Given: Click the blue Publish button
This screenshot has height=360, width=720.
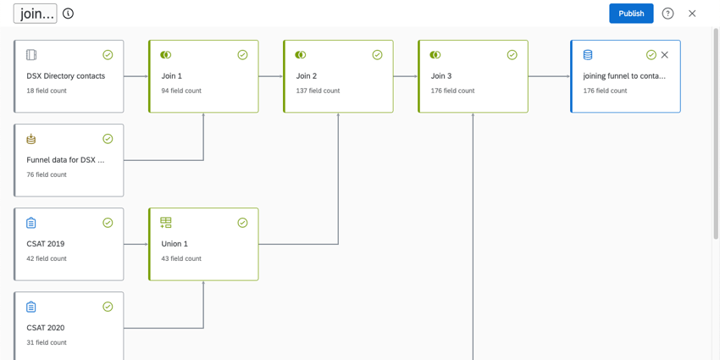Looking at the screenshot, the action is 631,14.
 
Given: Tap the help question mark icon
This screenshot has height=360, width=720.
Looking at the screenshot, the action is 667,14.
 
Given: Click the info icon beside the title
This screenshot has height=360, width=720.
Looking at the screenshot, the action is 68,14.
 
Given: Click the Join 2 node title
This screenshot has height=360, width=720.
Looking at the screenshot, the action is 307,76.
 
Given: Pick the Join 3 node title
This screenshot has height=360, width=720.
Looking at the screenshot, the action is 441,76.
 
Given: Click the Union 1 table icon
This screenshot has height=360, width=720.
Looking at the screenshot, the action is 166,223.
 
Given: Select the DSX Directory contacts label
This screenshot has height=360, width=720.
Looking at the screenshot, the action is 66,76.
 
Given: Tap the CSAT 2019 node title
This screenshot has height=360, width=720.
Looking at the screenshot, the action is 46,244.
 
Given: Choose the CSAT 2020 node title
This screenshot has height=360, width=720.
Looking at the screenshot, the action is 46,328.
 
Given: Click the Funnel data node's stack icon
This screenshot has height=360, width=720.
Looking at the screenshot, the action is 30,139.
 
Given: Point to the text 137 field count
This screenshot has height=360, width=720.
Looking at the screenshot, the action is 318,91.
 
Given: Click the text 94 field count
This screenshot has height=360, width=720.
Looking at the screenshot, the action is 181,91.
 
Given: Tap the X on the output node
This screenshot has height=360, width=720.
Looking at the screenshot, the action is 664,55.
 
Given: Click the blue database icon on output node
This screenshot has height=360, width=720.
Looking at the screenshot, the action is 588,55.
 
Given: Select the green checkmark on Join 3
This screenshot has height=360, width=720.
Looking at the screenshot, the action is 512,55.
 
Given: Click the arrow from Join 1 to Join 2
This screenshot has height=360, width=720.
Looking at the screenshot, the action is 271,76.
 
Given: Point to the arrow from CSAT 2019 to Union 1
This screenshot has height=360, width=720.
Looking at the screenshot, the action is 136,244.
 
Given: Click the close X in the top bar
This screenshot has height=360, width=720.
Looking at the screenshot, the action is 692,14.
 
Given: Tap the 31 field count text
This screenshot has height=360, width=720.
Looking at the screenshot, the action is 47,342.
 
